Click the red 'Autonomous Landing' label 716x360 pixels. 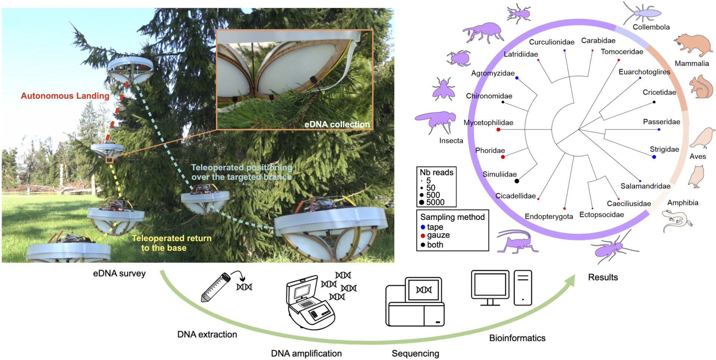[65, 96]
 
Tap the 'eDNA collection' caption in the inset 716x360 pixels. [337, 124]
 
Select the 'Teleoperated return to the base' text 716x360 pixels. [171, 243]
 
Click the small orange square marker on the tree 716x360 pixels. [109, 160]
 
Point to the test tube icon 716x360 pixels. [216, 287]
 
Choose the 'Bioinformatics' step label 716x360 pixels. [517, 338]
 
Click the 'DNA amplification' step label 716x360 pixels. [306, 353]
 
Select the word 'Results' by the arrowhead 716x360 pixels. [603, 277]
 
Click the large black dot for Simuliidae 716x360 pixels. [517, 181]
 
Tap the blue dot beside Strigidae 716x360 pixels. [654, 157]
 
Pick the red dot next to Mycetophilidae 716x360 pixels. [498, 130]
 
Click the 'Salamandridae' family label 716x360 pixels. [646, 186]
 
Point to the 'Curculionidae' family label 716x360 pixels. [552, 42]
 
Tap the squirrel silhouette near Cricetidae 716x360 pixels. [701, 87]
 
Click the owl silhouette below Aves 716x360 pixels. [696, 176]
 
